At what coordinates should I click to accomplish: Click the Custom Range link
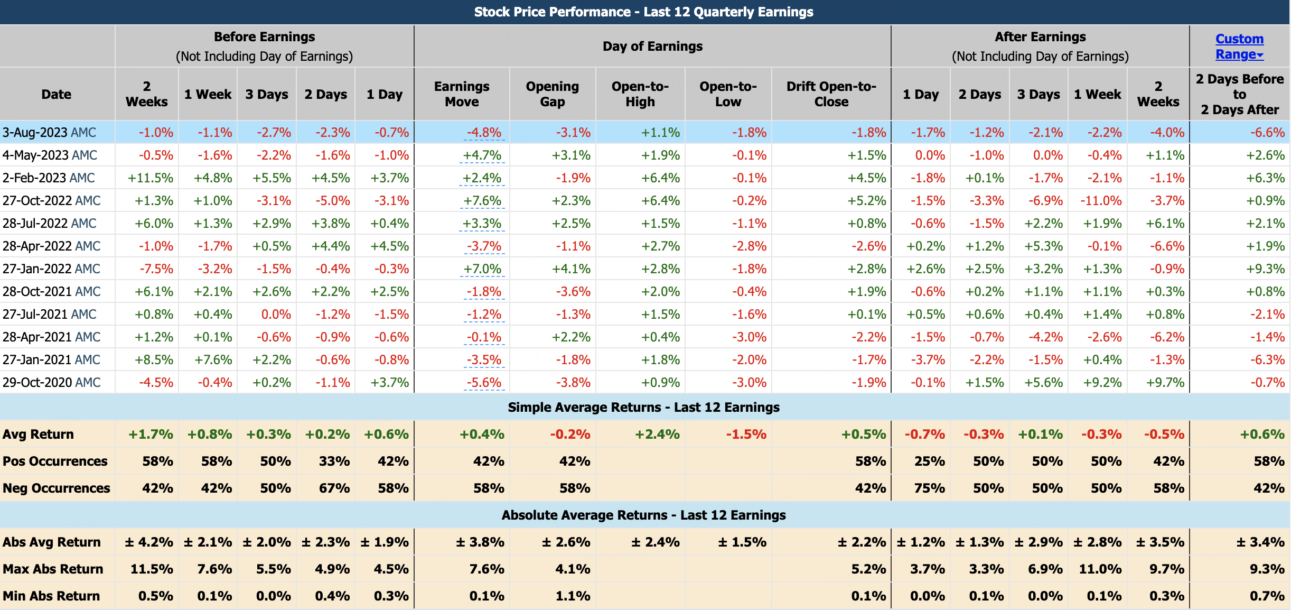[1239, 47]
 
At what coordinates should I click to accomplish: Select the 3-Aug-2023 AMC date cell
[50, 132]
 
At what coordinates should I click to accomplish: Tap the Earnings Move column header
[462, 94]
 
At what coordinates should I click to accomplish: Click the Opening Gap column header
[552, 94]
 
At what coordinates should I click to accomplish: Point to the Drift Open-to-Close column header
[831, 94]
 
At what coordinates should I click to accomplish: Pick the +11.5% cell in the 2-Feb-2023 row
[151, 178]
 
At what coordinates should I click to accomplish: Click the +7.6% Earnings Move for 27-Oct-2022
[482, 201]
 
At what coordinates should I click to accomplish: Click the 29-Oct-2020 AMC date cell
[52, 383]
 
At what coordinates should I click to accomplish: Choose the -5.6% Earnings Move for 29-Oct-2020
[484, 383]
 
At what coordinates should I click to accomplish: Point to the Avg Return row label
[38, 435]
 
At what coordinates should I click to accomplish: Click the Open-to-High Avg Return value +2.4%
[657, 435]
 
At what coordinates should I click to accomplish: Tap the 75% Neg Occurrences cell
[929, 488]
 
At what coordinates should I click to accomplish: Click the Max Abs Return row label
[53, 569]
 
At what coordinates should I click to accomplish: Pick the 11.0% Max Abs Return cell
[1100, 569]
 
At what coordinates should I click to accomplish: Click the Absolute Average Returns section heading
[643, 515]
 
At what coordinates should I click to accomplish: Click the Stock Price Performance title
[643, 12]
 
